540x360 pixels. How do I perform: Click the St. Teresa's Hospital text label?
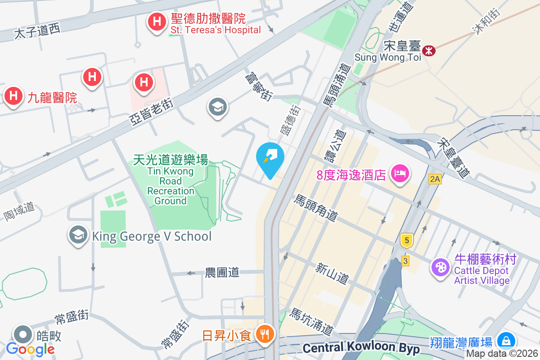(216, 30)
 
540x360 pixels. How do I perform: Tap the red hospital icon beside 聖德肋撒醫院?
(157, 21)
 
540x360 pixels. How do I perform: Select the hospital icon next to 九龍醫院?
(13, 96)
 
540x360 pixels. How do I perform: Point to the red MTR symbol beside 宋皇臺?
(429, 51)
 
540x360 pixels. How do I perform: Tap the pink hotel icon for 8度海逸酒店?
(400, 172)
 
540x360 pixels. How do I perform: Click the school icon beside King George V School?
(78, 234)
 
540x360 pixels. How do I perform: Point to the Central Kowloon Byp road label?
(361, 348)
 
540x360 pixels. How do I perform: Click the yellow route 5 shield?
(407, 241)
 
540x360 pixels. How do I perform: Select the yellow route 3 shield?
(405, 261)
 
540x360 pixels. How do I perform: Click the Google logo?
(31, 349)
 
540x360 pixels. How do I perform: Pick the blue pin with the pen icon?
(270, 157)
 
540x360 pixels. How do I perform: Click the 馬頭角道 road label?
(315, 208)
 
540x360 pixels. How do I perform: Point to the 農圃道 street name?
(222, 272)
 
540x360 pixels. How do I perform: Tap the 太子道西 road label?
(37, 31)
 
